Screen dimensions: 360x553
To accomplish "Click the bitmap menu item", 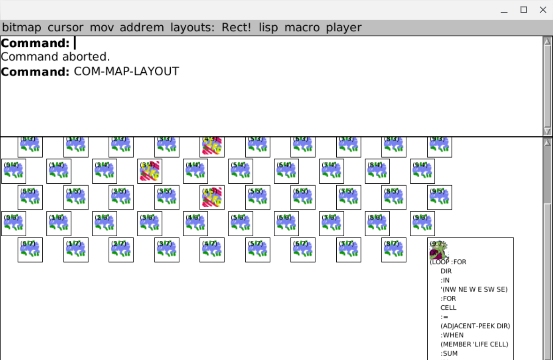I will pyautogui.click(x=22, y=28).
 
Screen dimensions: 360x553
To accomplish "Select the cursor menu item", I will pyautogui.click(x=65, y=28).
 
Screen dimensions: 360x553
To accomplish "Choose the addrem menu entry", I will pyautogui.click(x=142, y=28).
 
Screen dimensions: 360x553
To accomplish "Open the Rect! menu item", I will pyautogui.click(x=236, y=28).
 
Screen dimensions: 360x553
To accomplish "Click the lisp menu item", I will pyautogui.click(x=268, y=28).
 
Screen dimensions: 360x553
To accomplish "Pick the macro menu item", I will pyautogui.click(x=302, y=28).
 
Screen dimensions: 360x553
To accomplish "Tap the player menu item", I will pyautogui.click(x=344, y=28).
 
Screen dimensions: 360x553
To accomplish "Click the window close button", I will pyautogui.click(x=543, y=10).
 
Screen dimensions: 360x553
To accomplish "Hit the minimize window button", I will pyautogui.click(x=504, y=10).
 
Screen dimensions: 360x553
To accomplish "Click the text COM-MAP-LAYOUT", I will pyautogui.click(x=126, y=72).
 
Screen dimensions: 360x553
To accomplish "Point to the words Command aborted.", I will pyautogui.click(x=55, y=57).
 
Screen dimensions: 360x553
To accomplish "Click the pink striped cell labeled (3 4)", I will pyautogui.click(x=150, y=171).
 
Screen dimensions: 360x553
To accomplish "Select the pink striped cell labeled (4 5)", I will pyautogui.click(x=212, y=197).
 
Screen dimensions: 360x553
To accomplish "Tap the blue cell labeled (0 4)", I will pyautogui.click(x=14, y=171).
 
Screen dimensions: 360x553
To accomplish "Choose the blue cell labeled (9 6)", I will pyautogui.click(x=422, y=224).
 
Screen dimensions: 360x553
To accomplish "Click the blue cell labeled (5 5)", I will pyautogui.click(x=258, y=197).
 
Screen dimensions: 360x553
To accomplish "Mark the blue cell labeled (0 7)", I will pyautogui.click(x=30, y=250).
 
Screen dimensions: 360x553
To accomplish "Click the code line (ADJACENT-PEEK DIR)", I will pyautogui.click(x=475, y=326).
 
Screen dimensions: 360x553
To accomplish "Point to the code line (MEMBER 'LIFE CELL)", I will pyautogui.click(x=474, y=344).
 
